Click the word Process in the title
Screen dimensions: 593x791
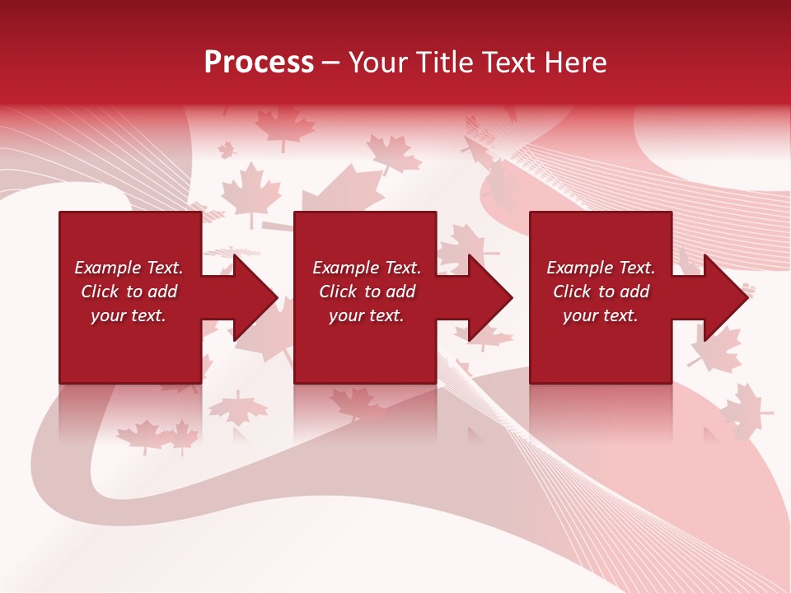[259, 63]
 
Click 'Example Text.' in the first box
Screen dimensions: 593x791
[129, 268]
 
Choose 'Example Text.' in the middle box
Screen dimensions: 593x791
[367, 268]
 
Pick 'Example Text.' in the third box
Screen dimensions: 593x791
[601, 268]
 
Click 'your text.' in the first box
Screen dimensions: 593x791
[129, 315]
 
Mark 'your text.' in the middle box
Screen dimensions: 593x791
[367, 315]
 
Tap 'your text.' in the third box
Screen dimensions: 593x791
[601, 315]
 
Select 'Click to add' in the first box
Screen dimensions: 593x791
[129, 292]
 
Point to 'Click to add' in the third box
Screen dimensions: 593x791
[601, 292]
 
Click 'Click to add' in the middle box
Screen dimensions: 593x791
[367, 292]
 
